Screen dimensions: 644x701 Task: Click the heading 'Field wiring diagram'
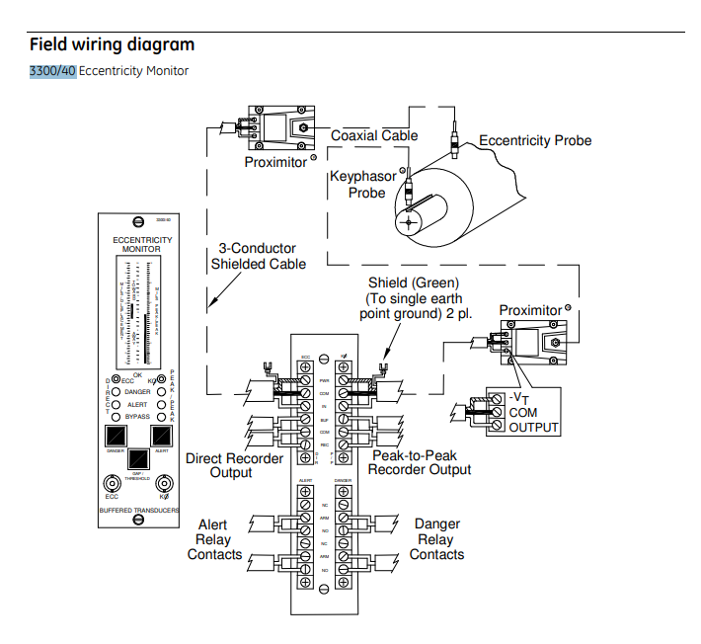(112, 44)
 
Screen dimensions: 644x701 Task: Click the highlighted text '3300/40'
(53, 71)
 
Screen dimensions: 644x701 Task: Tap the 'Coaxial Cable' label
(374, 135)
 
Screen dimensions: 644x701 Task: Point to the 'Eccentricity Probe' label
(535, 140)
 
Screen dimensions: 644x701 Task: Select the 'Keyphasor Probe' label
(364, 185)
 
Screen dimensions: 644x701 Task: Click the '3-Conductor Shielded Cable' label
(258, 256)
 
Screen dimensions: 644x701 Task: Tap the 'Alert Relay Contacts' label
(214, 539)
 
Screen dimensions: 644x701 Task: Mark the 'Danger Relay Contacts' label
(436, 539)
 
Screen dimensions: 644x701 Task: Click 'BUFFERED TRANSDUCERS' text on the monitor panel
(140, 510)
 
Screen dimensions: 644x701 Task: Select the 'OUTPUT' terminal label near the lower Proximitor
(534, 428)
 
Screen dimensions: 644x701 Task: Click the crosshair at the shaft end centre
(405, 222)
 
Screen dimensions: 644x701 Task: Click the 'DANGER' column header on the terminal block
(344, 481)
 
